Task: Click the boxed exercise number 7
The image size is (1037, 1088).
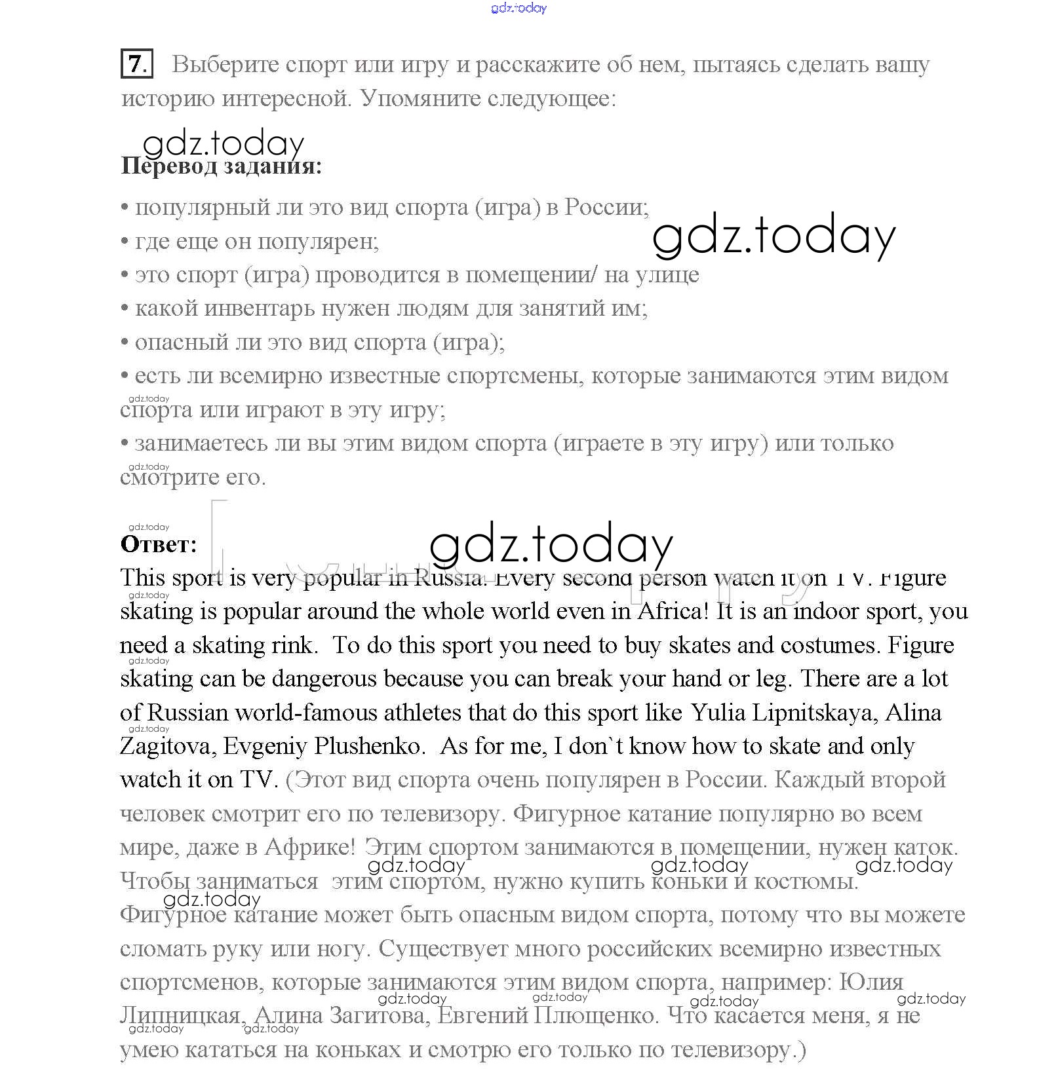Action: (x=136, y=64)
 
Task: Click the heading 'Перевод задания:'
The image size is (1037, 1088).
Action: (x=222, y=166)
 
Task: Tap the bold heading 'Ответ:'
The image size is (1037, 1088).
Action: (x=159, y=545)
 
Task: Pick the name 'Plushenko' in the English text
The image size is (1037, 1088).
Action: (x=367, y=746)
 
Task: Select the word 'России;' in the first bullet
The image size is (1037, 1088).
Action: (x=606, y=208)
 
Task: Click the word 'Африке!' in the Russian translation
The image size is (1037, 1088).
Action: (x=309, y=848)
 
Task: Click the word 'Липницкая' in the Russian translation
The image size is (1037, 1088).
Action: (x=182, y=1016)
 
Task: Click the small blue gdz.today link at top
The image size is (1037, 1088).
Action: (x=518, y=8)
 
